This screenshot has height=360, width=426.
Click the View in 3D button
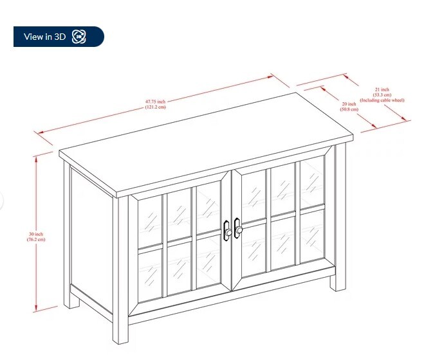click(x=59, y=37)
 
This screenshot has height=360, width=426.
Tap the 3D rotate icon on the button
click(x=79, y=37)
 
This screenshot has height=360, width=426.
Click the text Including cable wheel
click(x=382, y=100)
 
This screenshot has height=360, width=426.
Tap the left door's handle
click(x=227, y=231)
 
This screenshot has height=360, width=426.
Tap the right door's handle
click(x=237, y=228)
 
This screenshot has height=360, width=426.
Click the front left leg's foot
click(x=120, y=337)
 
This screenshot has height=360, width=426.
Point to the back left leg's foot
click(x=71, y=301)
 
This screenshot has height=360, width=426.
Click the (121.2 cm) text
click(x=155, y=107)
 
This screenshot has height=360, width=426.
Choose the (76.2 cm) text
click(x=36, y=239)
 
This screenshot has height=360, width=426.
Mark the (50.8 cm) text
click(x=349, y=109)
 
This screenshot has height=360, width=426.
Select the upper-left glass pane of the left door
click(x=150, y=221)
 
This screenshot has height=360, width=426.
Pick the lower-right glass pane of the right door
click(x=313, y=233)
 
